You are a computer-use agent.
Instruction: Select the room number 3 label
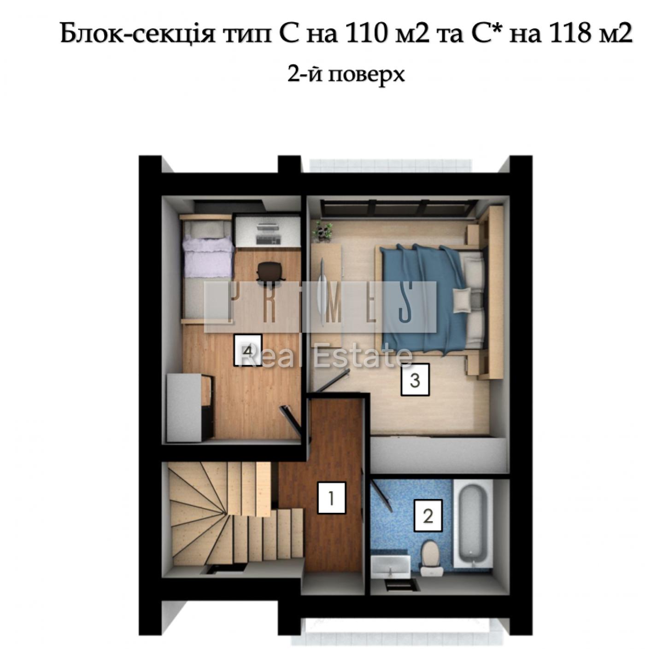coord(415,380)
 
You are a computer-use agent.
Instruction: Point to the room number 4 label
coord(248,350)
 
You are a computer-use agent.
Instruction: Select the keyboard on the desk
coord(268,239)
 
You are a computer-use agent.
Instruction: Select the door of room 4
coord(291,421)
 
